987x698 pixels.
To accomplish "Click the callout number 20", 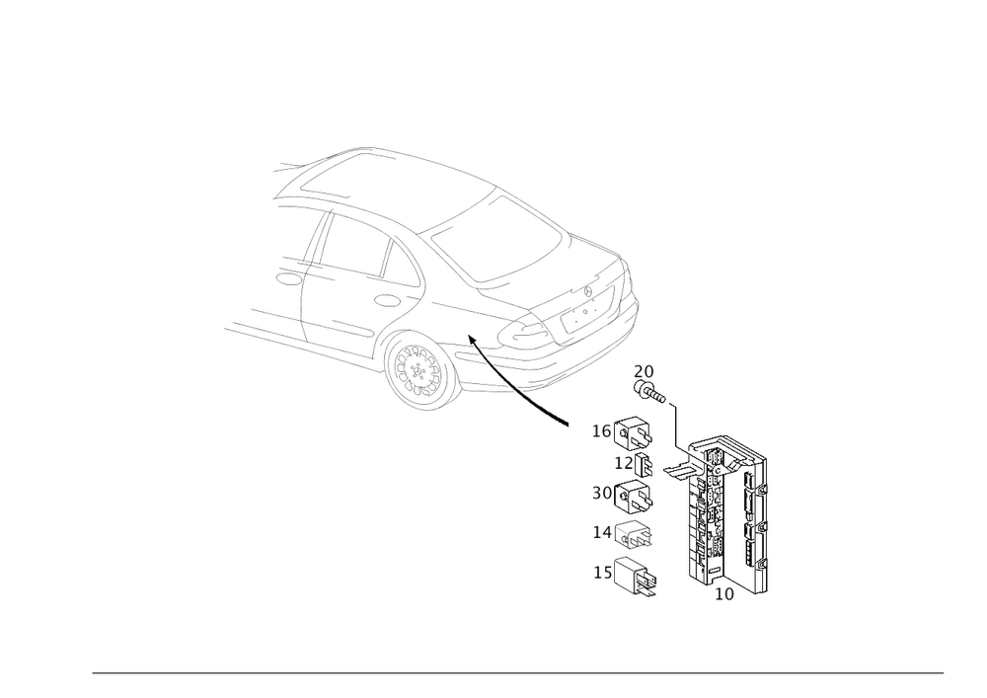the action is tap(644, 371).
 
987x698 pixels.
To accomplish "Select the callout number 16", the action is tap(602, 431).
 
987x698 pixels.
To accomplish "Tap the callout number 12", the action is tap(624, 463).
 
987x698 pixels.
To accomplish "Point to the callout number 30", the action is tap(602, 493).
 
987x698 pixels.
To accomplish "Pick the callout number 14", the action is tap(602, 532).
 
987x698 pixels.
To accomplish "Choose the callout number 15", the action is tap(603, 572).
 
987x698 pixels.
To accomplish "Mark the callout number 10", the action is tap(724, 594).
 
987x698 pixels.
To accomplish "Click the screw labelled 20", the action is tap(649, 392).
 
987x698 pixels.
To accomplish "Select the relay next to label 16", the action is tap(634, 433).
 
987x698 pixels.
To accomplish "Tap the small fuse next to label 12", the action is tap(644, 464).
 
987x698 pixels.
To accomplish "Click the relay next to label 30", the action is tap(634, 496).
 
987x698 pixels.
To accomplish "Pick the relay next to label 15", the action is tap(635, 577).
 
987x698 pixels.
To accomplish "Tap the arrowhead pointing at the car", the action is tap(473, 341).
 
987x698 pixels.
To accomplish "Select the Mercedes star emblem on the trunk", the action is tap(588, 291).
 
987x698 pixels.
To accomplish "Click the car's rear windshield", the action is tap(497, 239).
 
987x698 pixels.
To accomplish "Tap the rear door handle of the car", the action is tap(385, 300).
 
